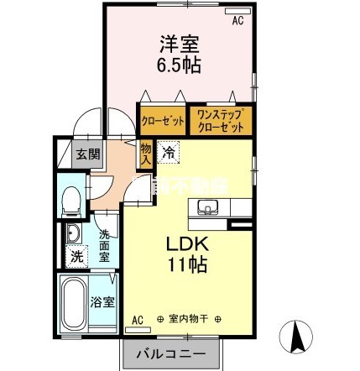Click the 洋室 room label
click(x=177, y=41)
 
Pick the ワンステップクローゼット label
click(x=221, y=121)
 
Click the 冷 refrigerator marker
click(x=169, y=153)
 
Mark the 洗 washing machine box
click(x=76, y=255)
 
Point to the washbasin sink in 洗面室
click(x=72, y=234)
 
